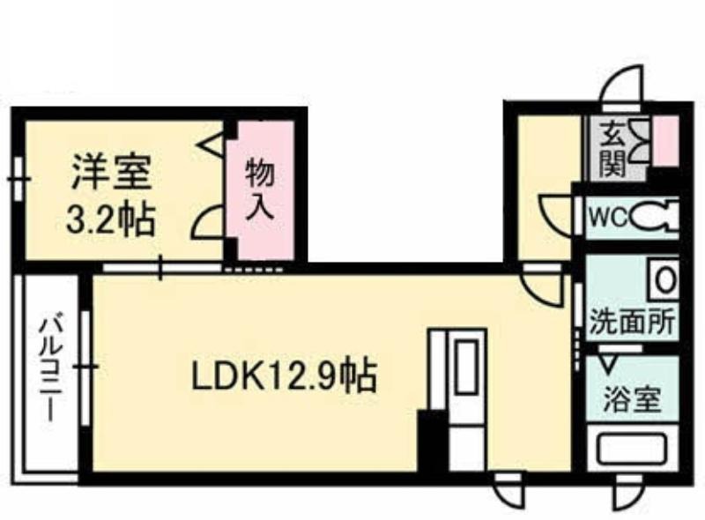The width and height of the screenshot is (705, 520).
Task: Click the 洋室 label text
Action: click(111, 173)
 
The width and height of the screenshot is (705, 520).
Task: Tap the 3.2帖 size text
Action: click(111, 219)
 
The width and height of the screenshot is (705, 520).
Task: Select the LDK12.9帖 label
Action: click(284, 375)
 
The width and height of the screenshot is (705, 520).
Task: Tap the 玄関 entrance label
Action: click(613, 149)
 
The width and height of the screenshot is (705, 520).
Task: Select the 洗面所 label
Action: click(632, 321)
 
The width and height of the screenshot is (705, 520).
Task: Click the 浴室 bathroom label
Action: click(632, 399)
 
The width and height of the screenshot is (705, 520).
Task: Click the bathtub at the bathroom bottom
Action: click(632, 449)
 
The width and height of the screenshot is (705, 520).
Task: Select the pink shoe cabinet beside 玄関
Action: click(665, 141)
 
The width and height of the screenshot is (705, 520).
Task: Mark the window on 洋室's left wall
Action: click(18, 179)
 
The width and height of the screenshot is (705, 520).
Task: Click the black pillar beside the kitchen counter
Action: click(432, 440)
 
